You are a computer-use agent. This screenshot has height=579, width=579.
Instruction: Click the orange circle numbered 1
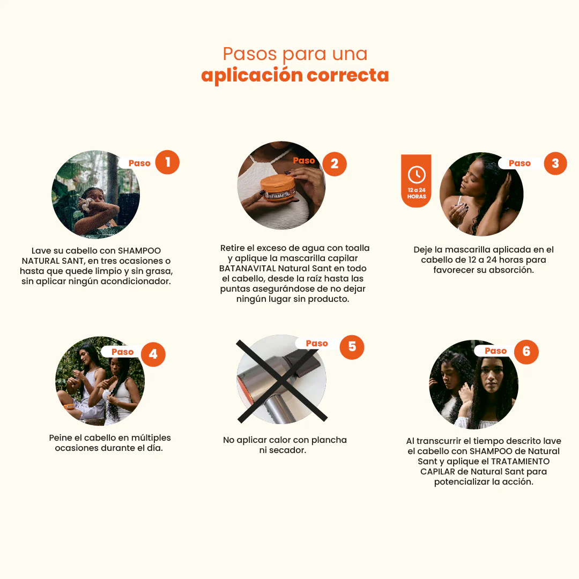click(x=167, y=162)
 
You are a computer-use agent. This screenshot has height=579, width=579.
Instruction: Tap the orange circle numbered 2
click(x=335, y=164)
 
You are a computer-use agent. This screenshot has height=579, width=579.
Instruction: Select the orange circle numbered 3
click(x=555, y=163)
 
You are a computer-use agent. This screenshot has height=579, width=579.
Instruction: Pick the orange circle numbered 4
click(x=153, y=354)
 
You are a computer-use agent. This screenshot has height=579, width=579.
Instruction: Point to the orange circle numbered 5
click(x=352, y=347)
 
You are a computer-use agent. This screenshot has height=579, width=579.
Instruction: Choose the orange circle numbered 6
click(x=526, y=352)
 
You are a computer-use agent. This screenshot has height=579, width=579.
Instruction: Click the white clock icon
click(x=417, y=174)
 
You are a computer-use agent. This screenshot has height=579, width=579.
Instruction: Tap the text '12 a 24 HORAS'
click(x=417, y=193)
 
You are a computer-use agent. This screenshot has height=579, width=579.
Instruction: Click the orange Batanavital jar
click(x=278, y=188)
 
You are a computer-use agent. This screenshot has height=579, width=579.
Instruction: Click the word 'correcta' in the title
click(x=348, y=75)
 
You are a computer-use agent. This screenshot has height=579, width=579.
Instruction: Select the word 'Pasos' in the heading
click(x=250, y=54)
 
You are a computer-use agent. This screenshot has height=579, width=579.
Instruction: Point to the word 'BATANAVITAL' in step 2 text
click(x=247, y=269)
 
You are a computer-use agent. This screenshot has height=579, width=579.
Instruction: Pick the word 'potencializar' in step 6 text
click(x=463, y=482)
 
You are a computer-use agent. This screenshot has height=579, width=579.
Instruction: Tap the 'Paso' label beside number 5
click(x=317, y=344)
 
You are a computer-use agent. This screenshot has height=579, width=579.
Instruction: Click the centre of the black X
click(x=282, y=382)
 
